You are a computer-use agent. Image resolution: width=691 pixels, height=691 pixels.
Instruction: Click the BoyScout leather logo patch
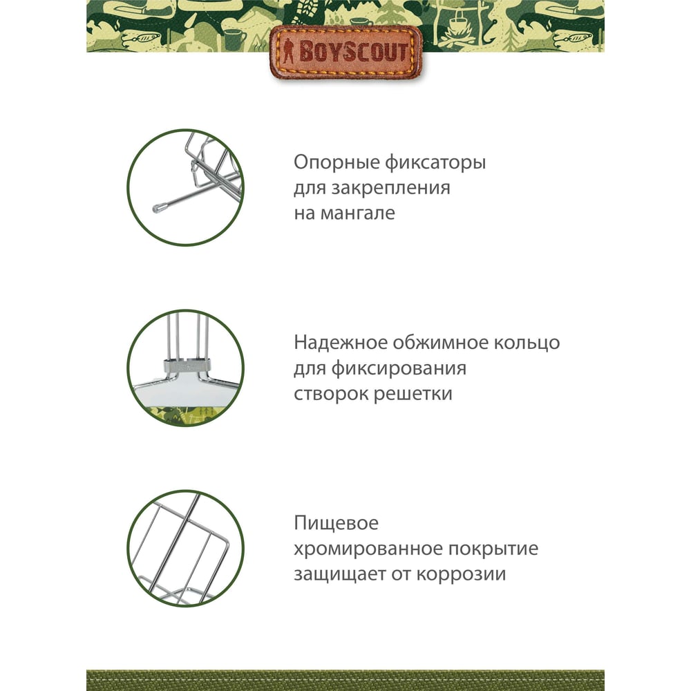[345, 53]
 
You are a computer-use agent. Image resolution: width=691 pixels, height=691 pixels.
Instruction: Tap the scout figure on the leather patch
[289, 52]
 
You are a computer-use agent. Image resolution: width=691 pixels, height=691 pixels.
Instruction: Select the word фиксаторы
[435, 163]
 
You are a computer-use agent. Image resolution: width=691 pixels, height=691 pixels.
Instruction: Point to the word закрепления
[390, 189]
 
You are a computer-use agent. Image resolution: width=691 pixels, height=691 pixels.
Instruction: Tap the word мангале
[357, 214]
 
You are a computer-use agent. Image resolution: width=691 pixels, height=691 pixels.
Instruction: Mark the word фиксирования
[399, 368]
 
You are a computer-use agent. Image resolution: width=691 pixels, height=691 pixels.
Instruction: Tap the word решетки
[413, 394]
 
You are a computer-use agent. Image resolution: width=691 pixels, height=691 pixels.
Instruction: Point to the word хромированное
[368, 549]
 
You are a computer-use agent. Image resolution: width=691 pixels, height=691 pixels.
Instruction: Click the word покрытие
[493, 549]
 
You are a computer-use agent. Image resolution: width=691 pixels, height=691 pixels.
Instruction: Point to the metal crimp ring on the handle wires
[187, 365]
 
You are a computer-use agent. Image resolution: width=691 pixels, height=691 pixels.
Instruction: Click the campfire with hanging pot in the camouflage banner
[457, 26]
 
